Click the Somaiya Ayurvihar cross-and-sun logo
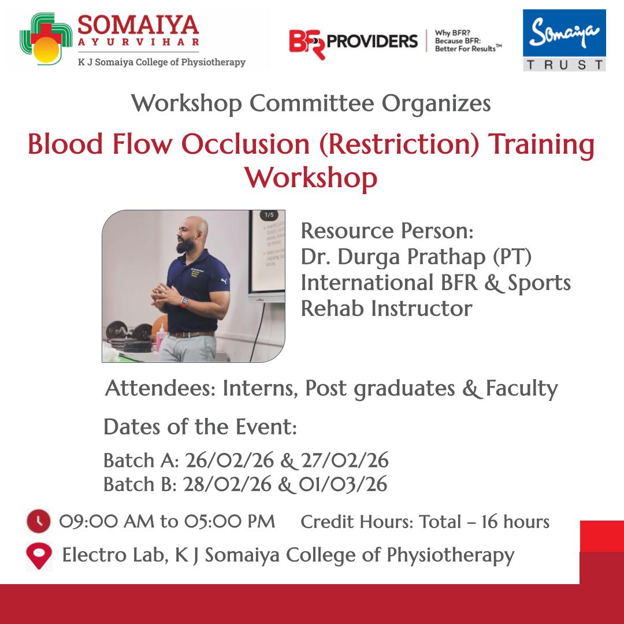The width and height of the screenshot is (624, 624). coord(46,39)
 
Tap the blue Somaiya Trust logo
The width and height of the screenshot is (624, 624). coord(564,40)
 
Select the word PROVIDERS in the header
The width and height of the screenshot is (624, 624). coord(373,41)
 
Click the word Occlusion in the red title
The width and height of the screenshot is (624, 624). coord(246,144)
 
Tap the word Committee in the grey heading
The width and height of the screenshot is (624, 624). coord(311,103)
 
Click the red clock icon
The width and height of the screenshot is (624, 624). coord(39,521)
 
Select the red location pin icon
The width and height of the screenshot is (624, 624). coord(39,556)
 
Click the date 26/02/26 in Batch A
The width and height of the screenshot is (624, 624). coord(229,460)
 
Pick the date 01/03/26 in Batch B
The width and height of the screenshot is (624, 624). coord(343,484)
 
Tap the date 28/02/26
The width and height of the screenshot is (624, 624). coord(227,484)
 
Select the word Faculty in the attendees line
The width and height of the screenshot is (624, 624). coord(522,389)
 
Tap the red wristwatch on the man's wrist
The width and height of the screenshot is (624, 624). coord(184,302)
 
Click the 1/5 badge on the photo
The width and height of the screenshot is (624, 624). coord(269,215)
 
